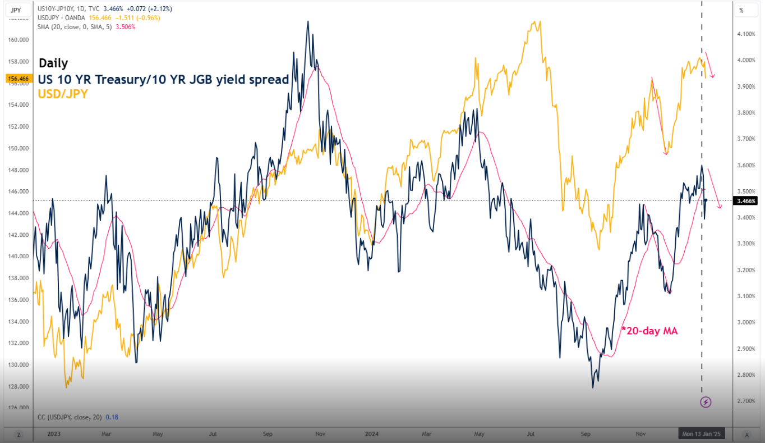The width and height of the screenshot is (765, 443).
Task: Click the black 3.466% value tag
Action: point(746,200)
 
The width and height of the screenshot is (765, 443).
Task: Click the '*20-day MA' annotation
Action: point(649,331)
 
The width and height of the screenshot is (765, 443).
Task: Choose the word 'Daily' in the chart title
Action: point(53,63)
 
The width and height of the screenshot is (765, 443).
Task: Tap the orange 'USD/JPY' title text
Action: point(63,94)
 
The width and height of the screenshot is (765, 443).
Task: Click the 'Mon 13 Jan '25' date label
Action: point(701,433)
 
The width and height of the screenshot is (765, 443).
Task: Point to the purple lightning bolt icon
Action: point(706,401)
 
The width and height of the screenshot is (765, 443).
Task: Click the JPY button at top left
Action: point(16,10)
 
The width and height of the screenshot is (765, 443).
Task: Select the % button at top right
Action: point(741,10)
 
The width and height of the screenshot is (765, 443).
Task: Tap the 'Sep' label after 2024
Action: point(586,433)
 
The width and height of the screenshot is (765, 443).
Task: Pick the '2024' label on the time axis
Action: point(372,433)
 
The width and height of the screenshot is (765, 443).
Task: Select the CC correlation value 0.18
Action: point(114,417)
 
